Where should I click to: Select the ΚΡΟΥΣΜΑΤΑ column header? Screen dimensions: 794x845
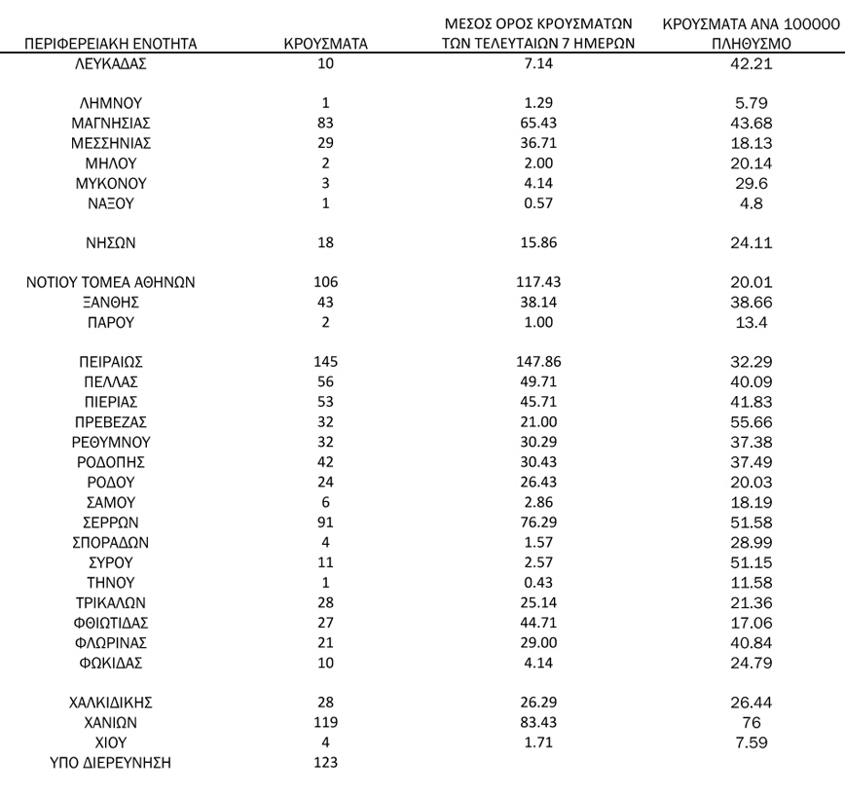[x=325, y=44]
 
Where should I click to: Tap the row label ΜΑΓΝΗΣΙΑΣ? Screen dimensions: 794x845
[x=110, y=123]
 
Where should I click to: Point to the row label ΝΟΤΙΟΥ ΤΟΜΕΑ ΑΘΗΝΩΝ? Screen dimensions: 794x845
[x=110, y=283]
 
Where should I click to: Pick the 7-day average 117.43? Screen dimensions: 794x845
[x=539, y=283]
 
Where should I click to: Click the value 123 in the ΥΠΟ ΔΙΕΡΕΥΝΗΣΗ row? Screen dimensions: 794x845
[x=325, y=763]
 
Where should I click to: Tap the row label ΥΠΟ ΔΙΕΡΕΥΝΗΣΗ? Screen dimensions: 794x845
[x=110, y=763]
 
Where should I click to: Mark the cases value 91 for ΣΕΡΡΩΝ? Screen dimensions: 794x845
[x=325, y=523]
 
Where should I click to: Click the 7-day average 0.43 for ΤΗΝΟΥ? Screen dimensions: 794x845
[x=539, y=583]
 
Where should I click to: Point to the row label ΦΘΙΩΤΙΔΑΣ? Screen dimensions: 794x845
[x=110, y=623]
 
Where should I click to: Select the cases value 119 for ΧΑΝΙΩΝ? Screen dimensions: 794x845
[x=325, y=723]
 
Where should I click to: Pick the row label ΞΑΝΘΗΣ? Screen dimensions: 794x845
[x=110, y=303]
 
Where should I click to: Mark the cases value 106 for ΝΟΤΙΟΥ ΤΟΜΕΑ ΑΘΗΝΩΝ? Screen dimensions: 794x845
[x=325, y=283]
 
